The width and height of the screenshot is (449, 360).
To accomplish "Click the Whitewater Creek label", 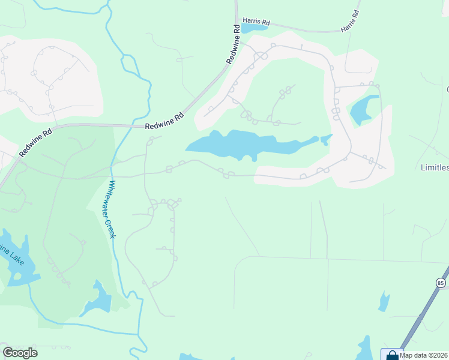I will (111, 209).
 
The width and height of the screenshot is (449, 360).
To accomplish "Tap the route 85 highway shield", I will (441, 281).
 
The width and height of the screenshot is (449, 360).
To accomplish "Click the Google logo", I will (20, 353).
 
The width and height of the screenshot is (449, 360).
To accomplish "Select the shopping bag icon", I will (392, 355).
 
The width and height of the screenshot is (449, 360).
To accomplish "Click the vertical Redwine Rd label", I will (234, 45).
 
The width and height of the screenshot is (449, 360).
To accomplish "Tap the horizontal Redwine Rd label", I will (164, 125).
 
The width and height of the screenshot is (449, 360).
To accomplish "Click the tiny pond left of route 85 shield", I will (384, 302).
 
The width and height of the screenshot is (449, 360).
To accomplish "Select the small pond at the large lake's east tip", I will (326, 140).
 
